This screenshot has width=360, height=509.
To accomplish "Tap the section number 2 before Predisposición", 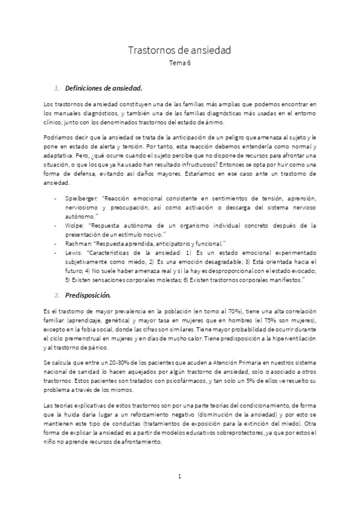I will click(56, 295).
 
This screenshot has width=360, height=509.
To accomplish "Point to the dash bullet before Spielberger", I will click(56, 197).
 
